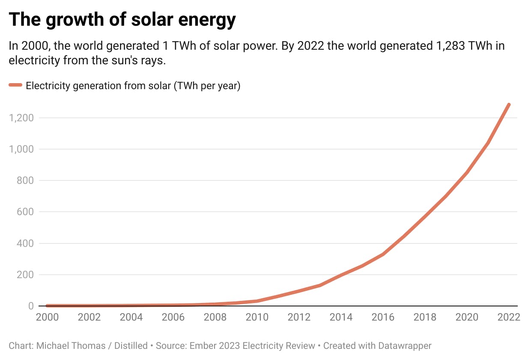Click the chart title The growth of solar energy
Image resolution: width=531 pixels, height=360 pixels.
[122, 20]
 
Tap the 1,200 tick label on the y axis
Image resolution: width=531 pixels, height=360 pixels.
[21, 118]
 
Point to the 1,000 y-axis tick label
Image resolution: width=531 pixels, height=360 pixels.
[21, 149]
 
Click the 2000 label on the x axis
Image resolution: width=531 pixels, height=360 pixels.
[47, 317]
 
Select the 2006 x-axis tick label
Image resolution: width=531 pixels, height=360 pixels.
[173, 317]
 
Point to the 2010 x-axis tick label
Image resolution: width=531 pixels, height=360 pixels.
[257, 317]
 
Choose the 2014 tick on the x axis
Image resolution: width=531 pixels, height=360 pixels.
[341, 317]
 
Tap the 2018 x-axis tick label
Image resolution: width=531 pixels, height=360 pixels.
[425, 317]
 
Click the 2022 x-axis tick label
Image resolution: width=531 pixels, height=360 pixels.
[509, 317]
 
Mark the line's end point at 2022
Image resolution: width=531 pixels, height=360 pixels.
[509, 105]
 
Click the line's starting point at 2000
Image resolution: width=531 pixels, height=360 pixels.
[47, 306]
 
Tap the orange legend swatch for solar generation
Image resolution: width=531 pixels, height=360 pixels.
[15, 85]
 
